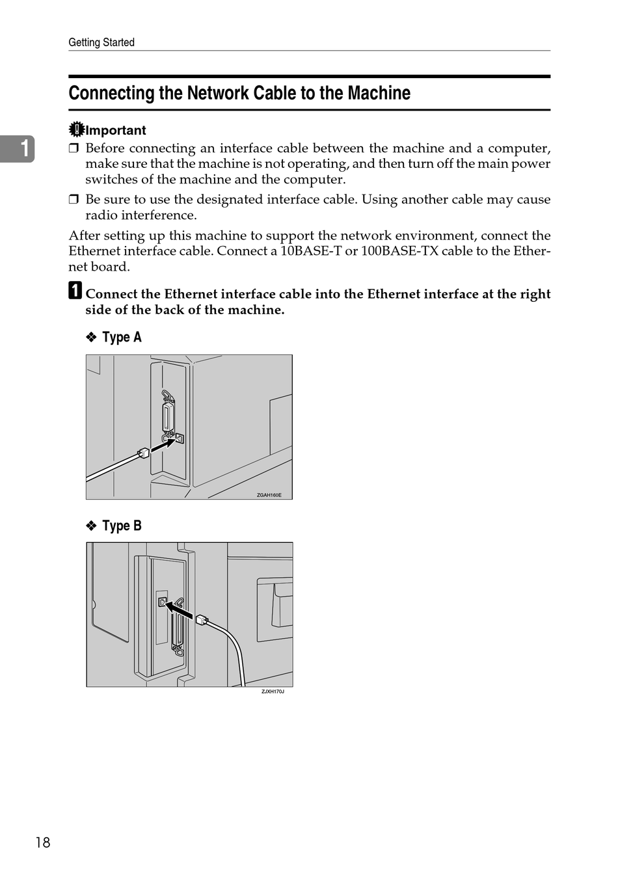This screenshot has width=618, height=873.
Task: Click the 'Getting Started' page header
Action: (101, 42)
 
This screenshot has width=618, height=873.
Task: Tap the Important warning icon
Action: (76, 130)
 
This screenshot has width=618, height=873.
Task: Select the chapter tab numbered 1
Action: (17, 148)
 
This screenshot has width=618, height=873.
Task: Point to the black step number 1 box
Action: (75, 290)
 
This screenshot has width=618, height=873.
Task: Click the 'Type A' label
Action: (122, 337)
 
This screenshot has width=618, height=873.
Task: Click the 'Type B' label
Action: (122, 526)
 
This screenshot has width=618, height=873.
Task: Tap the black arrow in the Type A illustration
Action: (163, 444)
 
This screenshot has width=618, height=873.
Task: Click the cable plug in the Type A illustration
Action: (143, 453)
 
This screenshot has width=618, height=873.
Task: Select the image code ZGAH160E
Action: (269, 495)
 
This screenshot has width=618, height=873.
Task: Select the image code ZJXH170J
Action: (273, 692)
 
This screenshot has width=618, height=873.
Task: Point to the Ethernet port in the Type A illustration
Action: (180, 438)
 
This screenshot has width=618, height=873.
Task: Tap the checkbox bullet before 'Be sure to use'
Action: (74, 200)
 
